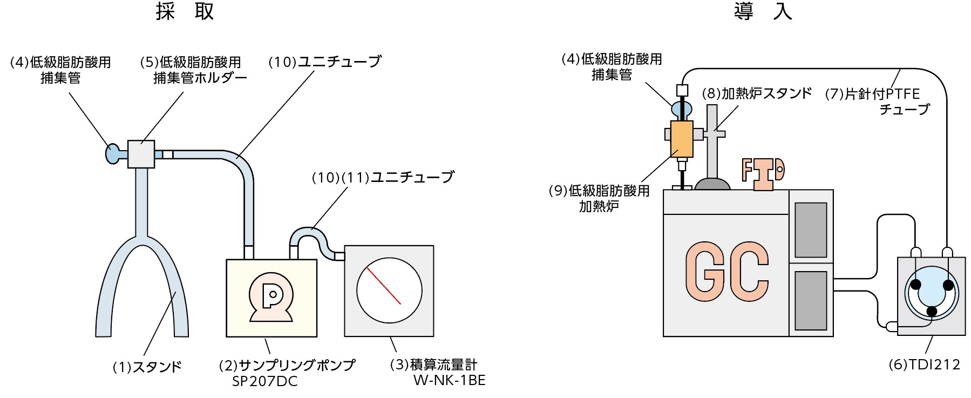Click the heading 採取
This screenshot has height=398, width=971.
pos(185,11)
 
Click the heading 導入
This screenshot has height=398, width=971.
pos(763,11)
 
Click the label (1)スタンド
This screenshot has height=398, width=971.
pos(147,367)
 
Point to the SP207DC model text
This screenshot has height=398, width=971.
pos(264,382)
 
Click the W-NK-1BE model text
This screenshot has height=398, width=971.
pos(449,381)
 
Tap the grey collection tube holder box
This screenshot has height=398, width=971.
pos(141,154)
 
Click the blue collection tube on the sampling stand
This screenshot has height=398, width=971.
pos(112,154)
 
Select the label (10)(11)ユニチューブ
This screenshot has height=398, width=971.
pos(383,178)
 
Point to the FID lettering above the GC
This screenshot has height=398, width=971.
pos(763,173)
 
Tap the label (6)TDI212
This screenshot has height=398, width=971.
pos(924,365)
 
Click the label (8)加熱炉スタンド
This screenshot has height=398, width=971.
pos(756,94)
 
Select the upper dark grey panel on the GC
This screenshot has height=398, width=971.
pos(811,230)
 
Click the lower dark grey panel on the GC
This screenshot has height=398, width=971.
pos(811,300)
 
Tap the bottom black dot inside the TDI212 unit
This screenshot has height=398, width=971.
pos(932,311)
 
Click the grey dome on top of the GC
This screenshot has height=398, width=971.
pos(712,184)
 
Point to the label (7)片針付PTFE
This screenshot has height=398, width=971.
pos(872,94)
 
